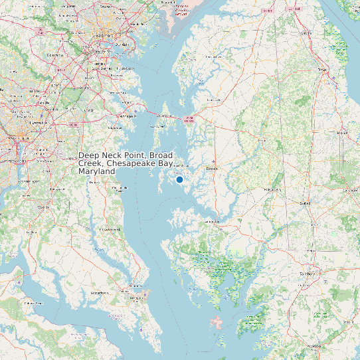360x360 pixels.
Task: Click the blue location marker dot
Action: coord(179,179)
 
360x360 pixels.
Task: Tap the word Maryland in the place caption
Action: coord(97,171)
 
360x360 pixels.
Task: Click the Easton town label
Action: coord(213,169)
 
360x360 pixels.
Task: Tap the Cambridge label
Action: coord(211,221)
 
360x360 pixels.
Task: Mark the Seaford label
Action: coord(306,203)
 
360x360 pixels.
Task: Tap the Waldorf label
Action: coord(43,207)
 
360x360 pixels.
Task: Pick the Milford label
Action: coord(343,132)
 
